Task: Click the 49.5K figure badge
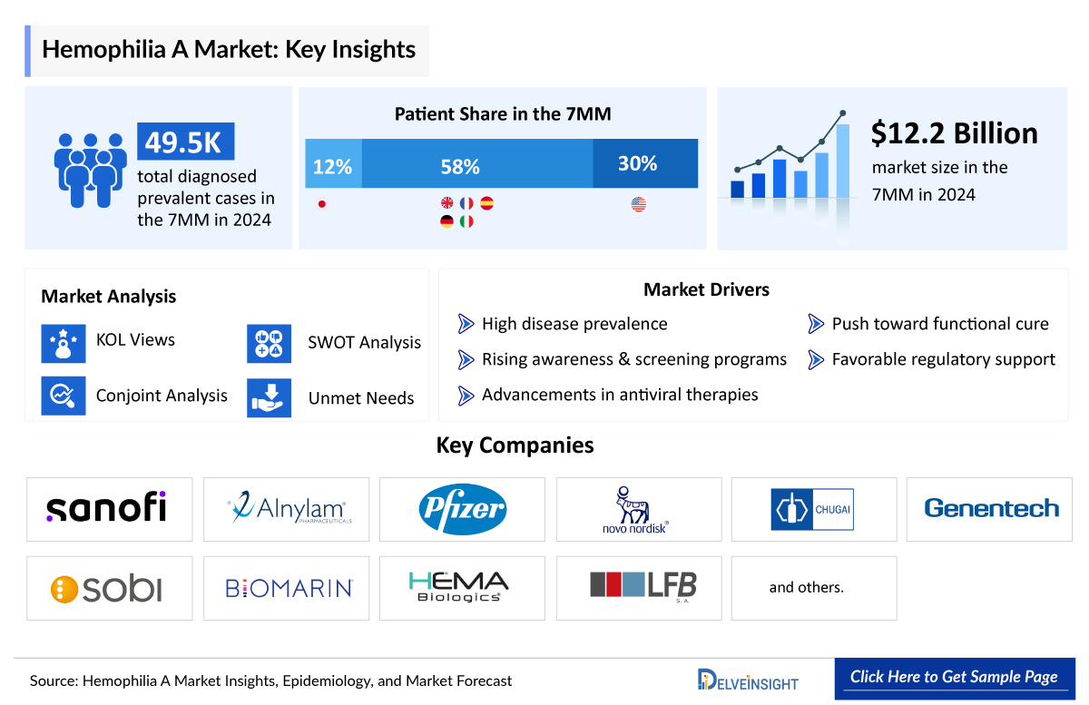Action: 185,142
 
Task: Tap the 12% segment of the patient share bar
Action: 333,164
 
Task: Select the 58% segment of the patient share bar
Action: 477,164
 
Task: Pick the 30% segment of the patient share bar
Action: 645,164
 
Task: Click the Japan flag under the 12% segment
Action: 320,203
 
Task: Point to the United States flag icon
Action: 638,204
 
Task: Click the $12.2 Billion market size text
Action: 954,133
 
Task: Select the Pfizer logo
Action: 462,509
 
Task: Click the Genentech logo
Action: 991,508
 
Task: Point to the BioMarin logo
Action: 289,588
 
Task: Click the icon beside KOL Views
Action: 64,342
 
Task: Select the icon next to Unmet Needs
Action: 269,398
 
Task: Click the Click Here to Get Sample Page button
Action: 954,677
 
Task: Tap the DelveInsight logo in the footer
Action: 749,680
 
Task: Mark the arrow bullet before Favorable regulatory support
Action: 816,359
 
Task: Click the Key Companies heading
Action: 515,445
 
